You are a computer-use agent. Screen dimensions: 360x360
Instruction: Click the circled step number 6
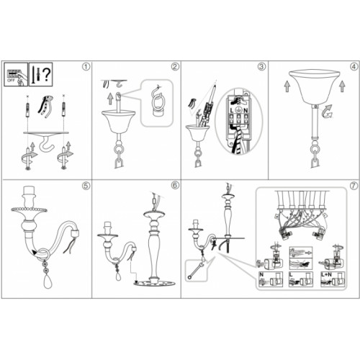click(175, 186)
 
